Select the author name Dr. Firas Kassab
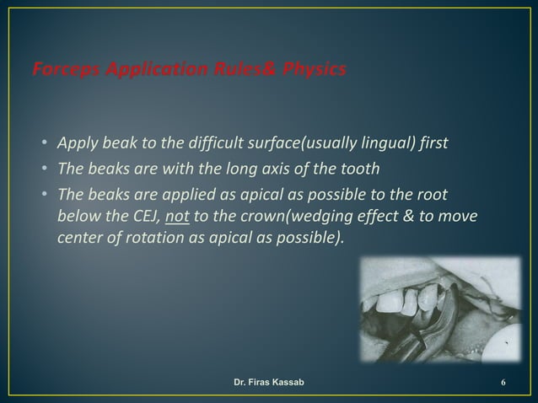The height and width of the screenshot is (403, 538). pyautogui.click(x=269, y=384)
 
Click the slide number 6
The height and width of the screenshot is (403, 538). pyautogui.click(x=503, y=384)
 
